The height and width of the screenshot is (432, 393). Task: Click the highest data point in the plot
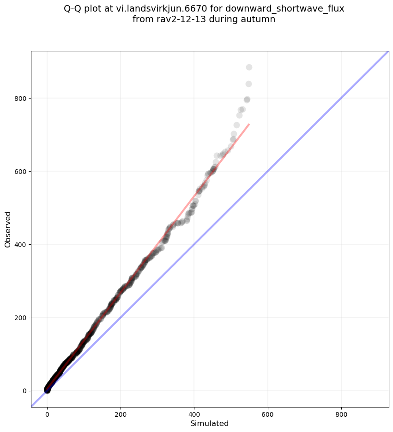249,68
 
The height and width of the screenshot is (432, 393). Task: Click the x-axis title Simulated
210,423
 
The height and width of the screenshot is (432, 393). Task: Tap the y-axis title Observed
8,229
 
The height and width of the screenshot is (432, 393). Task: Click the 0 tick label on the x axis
47,411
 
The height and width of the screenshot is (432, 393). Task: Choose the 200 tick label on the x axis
121,411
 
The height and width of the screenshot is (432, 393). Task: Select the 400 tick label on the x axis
194,411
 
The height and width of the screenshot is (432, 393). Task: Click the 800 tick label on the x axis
341,411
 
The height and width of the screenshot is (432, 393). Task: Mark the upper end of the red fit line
249,124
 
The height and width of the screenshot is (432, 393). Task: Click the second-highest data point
248,84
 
